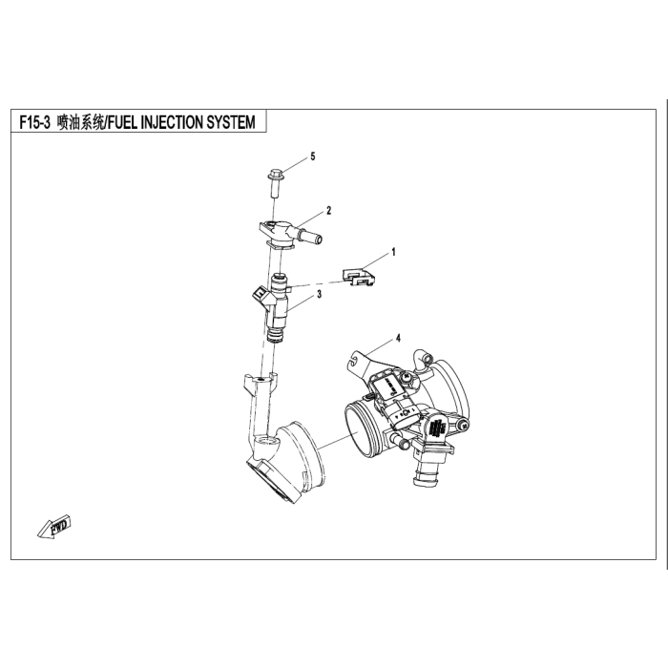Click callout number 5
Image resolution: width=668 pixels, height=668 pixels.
pos(313,157)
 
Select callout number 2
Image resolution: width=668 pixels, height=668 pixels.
pos(328,211)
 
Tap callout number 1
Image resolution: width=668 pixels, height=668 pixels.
pos(393,252)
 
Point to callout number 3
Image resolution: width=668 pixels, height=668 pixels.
pos(319,294)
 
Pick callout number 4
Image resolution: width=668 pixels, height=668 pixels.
pos(398,338)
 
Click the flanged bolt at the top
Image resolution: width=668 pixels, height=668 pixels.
pos(275,183)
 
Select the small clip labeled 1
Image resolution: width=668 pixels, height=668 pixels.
pos(360,277)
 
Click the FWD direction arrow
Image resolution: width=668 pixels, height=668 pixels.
pos(54,527)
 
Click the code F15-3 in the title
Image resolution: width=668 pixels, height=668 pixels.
pos(35,123)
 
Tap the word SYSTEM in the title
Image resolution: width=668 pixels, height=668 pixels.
pos(231,123)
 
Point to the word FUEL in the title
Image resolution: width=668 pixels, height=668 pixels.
pos(123,123)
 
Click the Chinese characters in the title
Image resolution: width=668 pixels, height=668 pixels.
pos(80,123)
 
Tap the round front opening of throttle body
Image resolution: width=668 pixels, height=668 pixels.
pos(359,430)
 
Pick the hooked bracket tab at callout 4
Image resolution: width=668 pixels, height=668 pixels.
pos(357,361)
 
